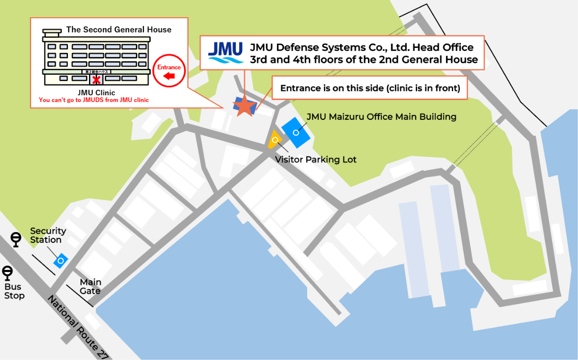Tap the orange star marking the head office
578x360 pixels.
[x=245, y=106]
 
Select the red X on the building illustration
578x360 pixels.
[x=97, y=79]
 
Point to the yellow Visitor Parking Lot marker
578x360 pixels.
[x=275, y=140]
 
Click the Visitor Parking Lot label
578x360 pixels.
[x=316, y=159]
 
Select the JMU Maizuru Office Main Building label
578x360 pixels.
[x=381, y=117]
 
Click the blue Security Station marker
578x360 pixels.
[x=61, y=260]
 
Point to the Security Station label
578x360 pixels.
[x=48, y=236]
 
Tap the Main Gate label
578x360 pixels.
[x=90, y=287]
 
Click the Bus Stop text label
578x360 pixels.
[x=14, y=291]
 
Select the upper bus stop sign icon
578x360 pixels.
[x=16, y=238]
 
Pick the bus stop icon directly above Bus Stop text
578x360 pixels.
[x=8, y=273]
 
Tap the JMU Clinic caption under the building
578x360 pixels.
[x=96, y=93]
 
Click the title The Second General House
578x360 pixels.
[x=119, y=30]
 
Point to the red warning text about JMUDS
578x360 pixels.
[x=94, y=100]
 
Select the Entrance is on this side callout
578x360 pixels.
[x=370, y=88]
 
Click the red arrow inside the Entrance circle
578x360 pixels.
[x=169, y=76]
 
